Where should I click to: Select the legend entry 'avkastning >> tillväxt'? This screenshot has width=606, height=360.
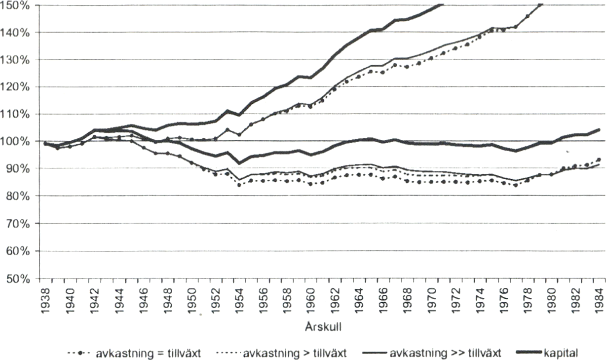(446, 353)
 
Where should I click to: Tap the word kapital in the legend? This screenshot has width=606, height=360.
(561, 353)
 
